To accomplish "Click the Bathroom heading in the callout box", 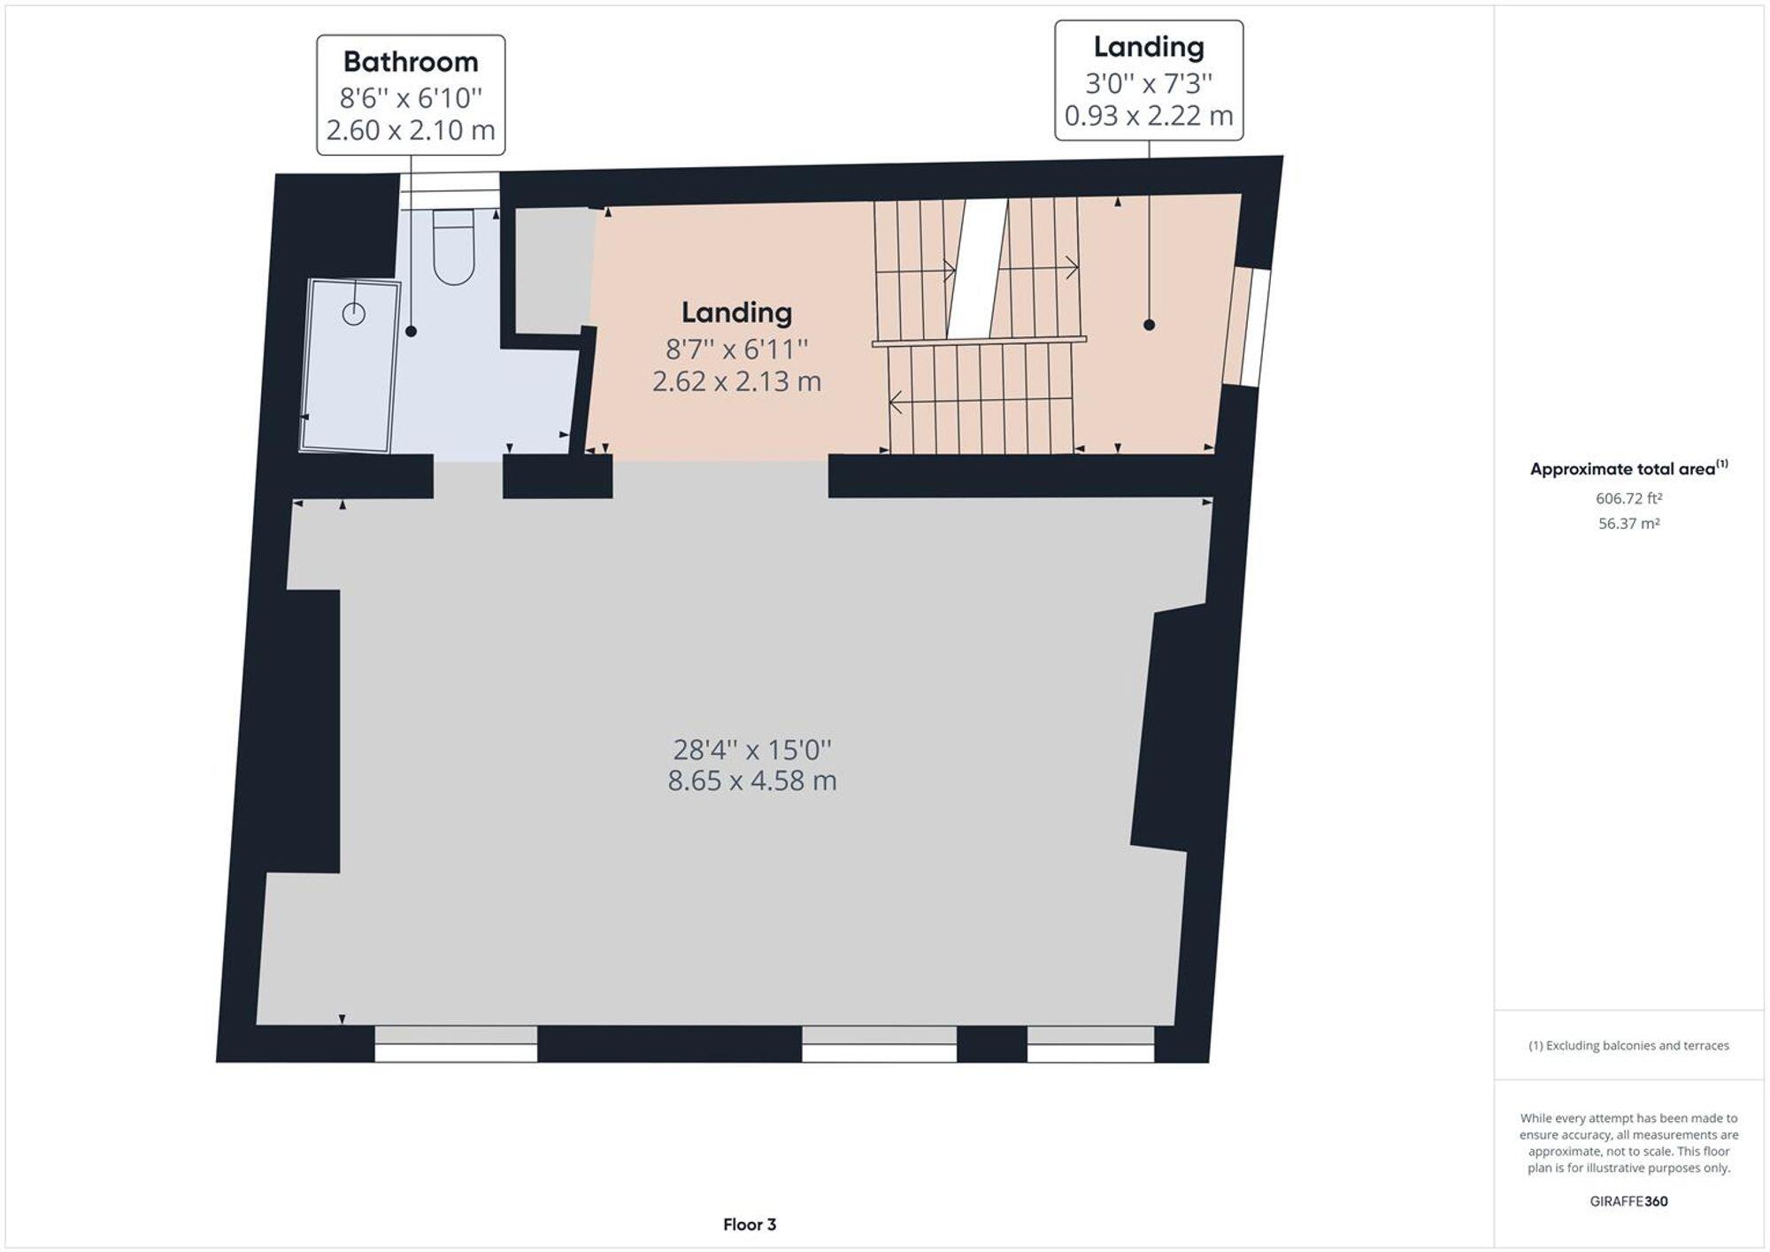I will coord(411,62).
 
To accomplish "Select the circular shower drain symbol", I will coord(354,313).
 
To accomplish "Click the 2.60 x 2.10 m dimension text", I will coord(411,130).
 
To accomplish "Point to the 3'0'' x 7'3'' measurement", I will coord(1149,83).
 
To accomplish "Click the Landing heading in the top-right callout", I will coord(1149,47).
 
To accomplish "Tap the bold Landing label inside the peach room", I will coord(736,312).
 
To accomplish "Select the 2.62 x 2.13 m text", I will coord(736,381).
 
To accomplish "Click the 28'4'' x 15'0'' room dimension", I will coord(752,749).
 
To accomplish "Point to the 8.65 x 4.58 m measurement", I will coord(752,781).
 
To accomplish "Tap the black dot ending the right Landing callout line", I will coord(1149,325).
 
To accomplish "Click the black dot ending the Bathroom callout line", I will coord(411,331).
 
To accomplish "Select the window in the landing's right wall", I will coord(1248,327).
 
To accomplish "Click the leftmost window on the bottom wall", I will coord(456,1044).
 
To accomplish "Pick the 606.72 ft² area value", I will coord(1628,498).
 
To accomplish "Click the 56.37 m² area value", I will coord(1628,524).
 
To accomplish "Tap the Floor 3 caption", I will coord(750,1225).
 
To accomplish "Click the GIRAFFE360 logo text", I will coord(1628,1201).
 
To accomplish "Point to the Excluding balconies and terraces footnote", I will coord(1628,1046).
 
